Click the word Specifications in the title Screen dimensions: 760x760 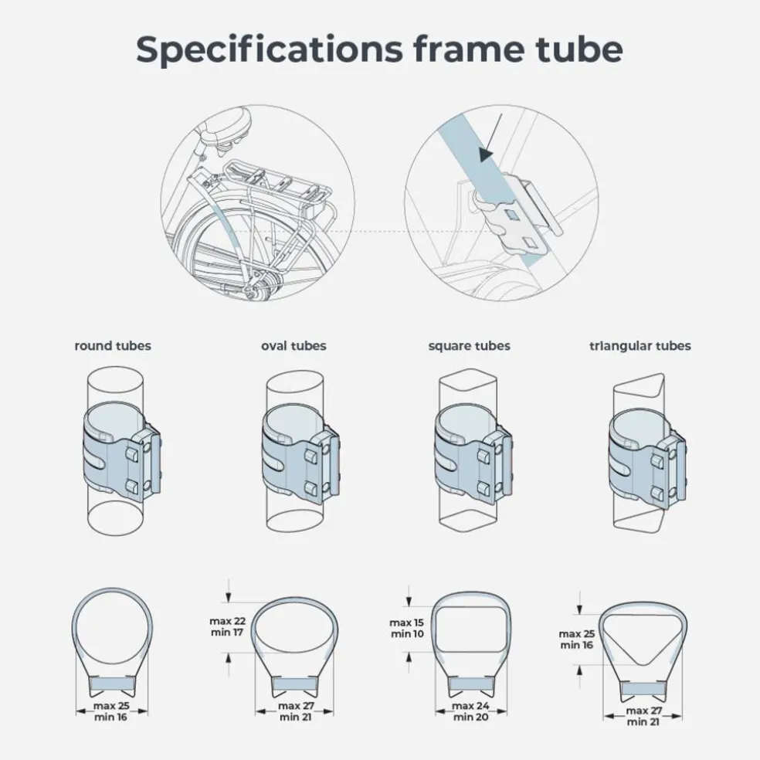pos(269,50)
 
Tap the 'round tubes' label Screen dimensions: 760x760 pos(113,345)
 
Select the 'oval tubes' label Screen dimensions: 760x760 pos(293,345)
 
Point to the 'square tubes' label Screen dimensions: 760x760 pos(469,346)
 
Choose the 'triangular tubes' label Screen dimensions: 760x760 pos(640,346)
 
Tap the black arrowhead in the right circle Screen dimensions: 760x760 pos(486,154)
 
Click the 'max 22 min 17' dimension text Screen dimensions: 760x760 pos(227,626)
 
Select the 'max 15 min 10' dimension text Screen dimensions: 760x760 pos(406,628)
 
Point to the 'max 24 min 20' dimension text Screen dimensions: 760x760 pos(470,711)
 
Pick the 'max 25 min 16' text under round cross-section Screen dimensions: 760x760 pos(111,711)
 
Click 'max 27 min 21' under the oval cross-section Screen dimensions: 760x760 pos(296,711)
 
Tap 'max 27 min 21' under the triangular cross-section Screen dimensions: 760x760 pos(643,717)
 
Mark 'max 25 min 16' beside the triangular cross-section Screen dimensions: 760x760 pos(576,640)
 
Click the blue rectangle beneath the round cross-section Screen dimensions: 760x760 pos(113,684)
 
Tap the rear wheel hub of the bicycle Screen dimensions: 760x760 pos(263,281)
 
